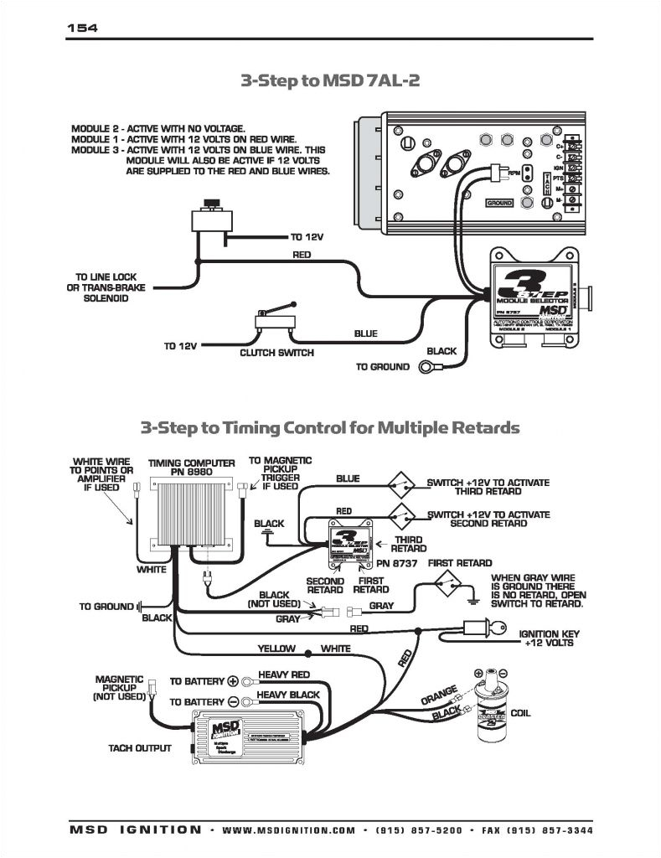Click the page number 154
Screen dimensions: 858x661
[x=82, y=28]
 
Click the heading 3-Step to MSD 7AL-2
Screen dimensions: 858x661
[x=330, y=80]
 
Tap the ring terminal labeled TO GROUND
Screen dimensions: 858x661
[x=428, y=367]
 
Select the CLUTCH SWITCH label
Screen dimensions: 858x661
[x=276, y=353]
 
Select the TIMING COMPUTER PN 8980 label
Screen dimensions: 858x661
[x=181, y=467]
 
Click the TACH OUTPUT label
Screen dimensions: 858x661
[x=140, y=748]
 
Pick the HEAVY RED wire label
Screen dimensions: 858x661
[x=284, y=675]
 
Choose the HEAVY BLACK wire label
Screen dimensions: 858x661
[x=287, y=695]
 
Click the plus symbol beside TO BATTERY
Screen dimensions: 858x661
[x=234, y=680]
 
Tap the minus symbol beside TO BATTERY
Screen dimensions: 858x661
[x=234, y=701]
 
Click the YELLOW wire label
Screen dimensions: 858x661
[x=277, y=649]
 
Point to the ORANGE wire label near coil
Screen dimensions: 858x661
[x=438, y=695]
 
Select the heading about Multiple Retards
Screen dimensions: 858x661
[x=330, y=428]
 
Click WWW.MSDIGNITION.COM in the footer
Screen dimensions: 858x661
[x=289, y=830]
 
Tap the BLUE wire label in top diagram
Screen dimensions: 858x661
[x=365, y=333]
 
